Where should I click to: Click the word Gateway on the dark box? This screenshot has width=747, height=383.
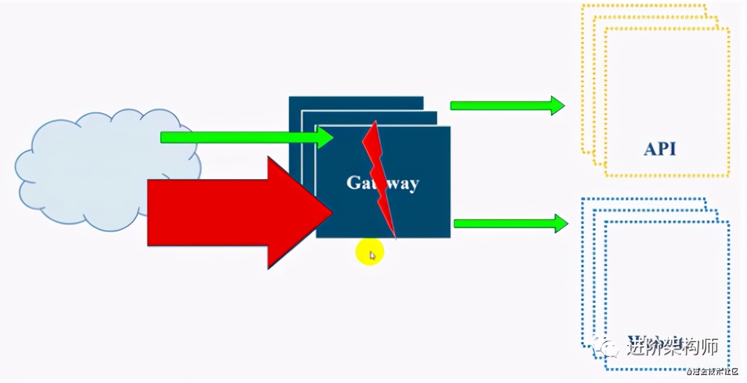(x=382, y=183)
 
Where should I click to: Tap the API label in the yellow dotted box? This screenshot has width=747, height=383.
(x=659, y=149)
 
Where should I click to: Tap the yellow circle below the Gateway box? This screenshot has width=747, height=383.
(x=370, y=252)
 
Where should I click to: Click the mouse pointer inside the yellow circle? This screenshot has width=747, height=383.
(x=372, y=256)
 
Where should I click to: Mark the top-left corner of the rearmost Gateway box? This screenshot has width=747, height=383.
(x=289, y=97)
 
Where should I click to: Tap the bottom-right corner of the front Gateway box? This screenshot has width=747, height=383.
(x=450, y=238)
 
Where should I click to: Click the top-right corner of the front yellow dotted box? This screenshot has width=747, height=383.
(x=729, y=28)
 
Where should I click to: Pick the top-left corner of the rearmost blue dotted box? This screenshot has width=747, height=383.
(x=582, y=198)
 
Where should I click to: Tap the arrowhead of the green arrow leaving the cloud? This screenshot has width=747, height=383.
(x=326, y=137)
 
